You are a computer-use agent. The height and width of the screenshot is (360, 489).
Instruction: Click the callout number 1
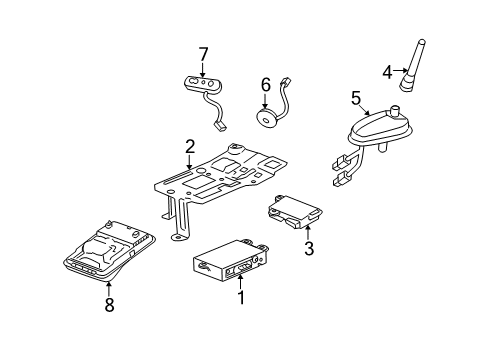click(x=239, y=299)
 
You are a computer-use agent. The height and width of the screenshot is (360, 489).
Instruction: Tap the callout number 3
click(x=309, y=249)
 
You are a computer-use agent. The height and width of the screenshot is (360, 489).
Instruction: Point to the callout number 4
click(x=387, y=71)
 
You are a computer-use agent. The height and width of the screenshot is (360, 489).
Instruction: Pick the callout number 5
click(x=355, y=98)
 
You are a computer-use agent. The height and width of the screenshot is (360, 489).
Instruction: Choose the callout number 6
click(x=266, y=86)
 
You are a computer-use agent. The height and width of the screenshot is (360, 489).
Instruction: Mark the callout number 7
click(x=203, y=53)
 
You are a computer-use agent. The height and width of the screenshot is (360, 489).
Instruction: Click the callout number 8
click(x=109, y=305)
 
